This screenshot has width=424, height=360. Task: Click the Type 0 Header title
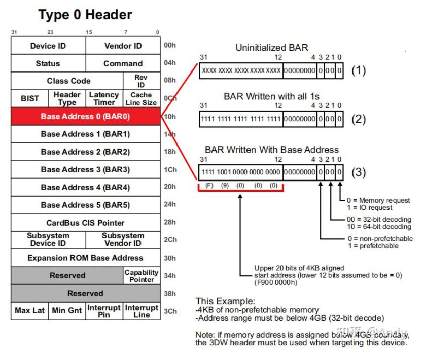click(x=85, y=15)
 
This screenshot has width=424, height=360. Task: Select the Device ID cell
click(x=48, y=46)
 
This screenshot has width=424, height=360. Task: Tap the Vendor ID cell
click(x=123, y=46)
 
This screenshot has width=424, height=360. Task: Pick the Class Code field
click(x=68, y=81)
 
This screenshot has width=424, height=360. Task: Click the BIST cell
click(x=30, y=98)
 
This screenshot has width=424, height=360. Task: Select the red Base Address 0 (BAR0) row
click(x=85, y=116)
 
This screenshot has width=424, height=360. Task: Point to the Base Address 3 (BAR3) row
click(x=85, y=169)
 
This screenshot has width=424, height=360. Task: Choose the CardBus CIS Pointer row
click(x=85, y=223)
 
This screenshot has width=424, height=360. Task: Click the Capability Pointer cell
click(x=142, y=275)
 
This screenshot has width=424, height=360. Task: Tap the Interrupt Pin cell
click(x=104, y=311)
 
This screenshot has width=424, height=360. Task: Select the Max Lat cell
click(x=30, y=310)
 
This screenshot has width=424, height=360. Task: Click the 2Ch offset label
click(x=170, y=240)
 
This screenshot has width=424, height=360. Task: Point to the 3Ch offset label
click(x=170, y=311)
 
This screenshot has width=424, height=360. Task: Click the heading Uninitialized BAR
click(x=271, y=48)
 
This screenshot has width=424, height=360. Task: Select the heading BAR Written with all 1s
click(x=271, y=96)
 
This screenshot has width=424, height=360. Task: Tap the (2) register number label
click(x=359, y=120)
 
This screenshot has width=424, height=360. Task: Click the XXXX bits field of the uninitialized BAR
click(x=241, y=70)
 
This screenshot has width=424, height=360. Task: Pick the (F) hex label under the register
click(x=209, y=186)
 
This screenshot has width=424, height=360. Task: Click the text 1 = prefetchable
click(x=373, y=246)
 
